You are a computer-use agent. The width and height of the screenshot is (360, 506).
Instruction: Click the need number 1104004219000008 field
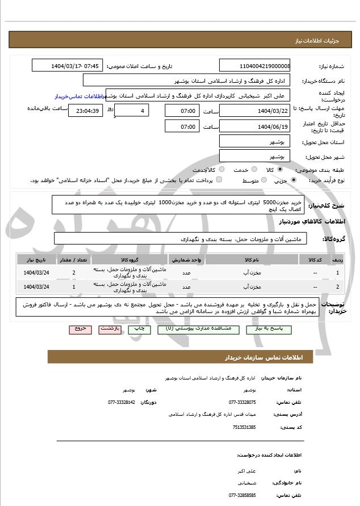click(x=255, y=66)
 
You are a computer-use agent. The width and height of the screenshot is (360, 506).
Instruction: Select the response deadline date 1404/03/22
click(x=255, y=111)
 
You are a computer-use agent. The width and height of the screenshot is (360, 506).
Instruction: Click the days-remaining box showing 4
click(x=132, y=111)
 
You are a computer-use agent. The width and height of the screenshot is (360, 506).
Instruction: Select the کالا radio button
click(x=280, y=170)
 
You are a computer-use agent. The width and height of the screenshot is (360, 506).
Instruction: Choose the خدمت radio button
click(x=253, y=170)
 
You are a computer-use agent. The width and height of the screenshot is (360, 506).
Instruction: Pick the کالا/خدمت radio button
click(x=221, y=170)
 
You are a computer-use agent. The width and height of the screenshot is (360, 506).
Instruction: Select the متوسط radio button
click(x=263, y=180)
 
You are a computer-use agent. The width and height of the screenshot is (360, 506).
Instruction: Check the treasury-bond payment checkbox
click(x=219, y=180)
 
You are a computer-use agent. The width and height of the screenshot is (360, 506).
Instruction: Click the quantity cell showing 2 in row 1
click(x=74, y=273)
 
